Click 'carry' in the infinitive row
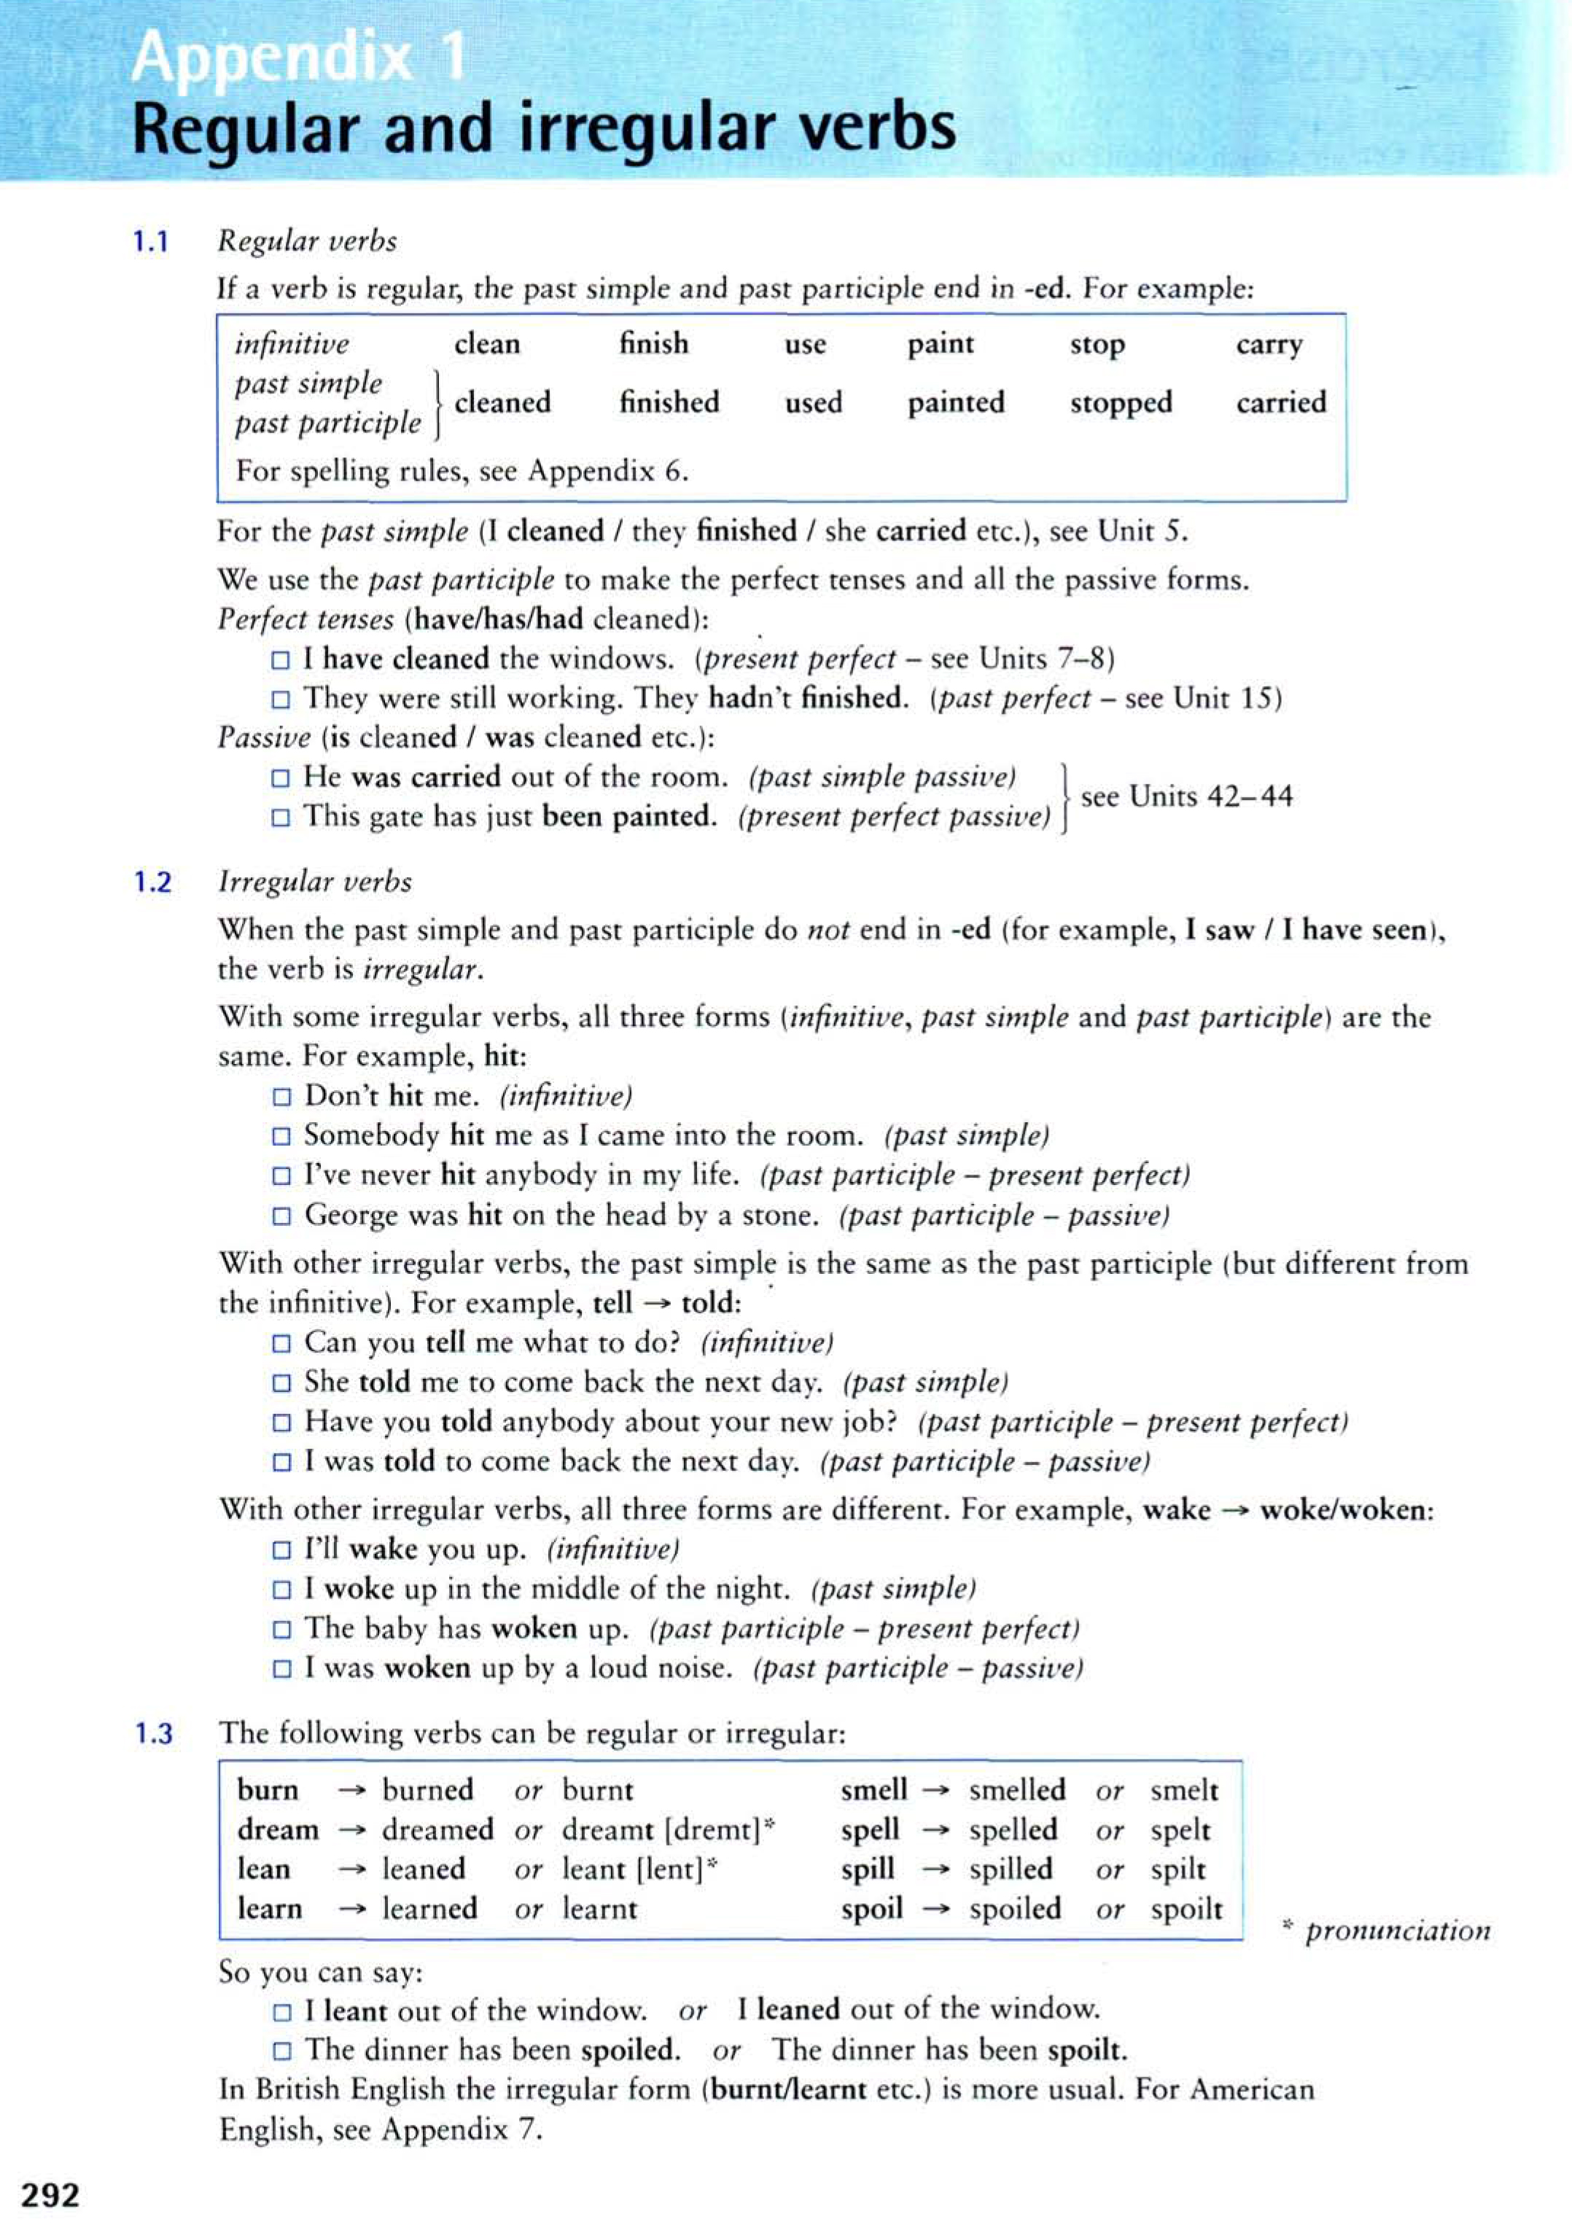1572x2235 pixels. click(x=1268, y=345)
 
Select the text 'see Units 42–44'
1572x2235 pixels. click(x=1186, y=797)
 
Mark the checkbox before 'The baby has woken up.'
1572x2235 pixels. click(x=281, y=1630)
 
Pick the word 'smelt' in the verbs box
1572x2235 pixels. click(x=1183, y=1790)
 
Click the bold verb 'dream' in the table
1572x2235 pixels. click(x=277, y=1830)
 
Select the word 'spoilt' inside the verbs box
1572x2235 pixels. click(x=1186, y=1909)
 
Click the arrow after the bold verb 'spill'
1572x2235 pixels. click(x=935, y=1870)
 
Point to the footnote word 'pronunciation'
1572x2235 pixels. click(x=1397, y=1932)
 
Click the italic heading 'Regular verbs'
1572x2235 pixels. click(x=308, y=241)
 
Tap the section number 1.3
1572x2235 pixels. click(x=153, y=1734)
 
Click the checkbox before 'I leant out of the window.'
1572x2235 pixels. click(x=281, y=2011)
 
